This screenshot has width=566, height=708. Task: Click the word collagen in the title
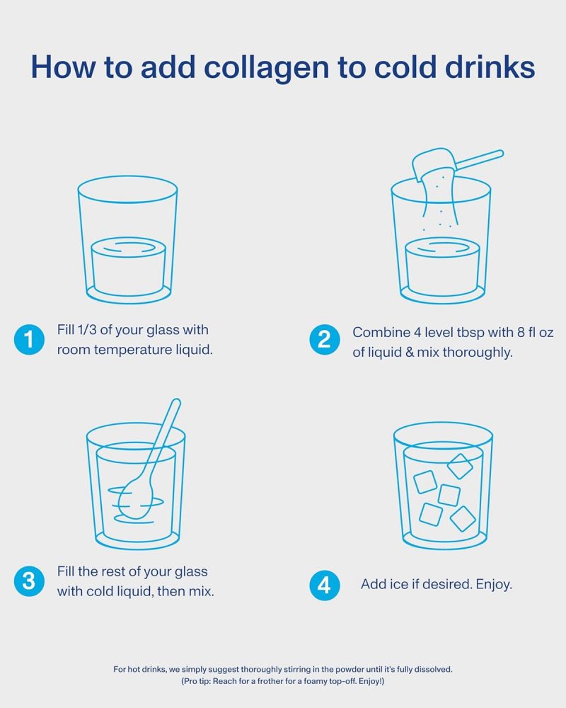(x=267, y=68)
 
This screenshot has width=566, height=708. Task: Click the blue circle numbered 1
(x=29, y=340)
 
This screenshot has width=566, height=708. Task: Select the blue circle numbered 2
(x=325, y=340)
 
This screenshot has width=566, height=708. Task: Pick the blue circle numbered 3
(x=29, y=581)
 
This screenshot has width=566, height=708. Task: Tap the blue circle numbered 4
(x=325, y=586)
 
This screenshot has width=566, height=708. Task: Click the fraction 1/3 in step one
(x=86, y=330)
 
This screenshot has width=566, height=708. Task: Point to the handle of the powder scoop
(x=480, y=160)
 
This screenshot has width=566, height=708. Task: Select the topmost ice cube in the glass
(x=460, y=467)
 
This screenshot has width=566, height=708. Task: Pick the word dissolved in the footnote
(x=433, y=669)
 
